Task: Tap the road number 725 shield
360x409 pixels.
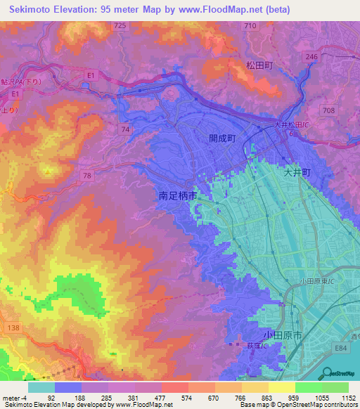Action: pyautogui.click(x=120, y=25)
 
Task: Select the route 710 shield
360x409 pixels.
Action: pyautogui.click(x=250, y=25)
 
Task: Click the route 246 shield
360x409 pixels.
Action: pyautogui.click(x=311, y=57)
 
